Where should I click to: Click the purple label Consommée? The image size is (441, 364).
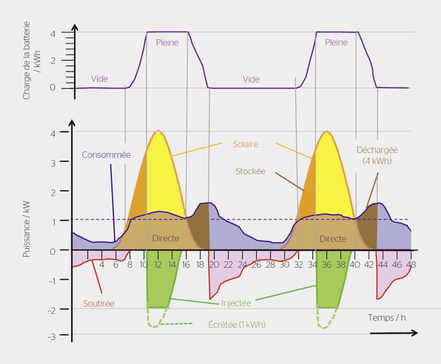[106, 155]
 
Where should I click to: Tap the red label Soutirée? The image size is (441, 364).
[99, 304]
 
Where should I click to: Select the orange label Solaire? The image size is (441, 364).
[246, 144]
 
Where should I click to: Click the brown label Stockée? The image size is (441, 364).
[250, 171]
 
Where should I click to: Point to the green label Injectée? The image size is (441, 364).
[236, 303]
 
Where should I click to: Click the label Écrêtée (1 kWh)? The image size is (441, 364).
[237, 325]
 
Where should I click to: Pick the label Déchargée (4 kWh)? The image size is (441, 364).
[377, 156]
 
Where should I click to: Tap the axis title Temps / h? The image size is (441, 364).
[387, 318]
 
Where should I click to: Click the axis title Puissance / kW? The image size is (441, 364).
[26, 229]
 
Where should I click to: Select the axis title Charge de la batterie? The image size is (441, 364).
[26, 60]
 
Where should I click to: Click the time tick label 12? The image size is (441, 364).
[158, 265]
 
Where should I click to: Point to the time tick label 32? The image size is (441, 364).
[298, 265]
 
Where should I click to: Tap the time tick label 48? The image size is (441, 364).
[411, 265]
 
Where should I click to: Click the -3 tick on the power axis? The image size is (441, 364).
[51, 337]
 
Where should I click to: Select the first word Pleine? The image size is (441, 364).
[167, 43]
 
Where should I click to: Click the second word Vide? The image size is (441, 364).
[251, 79]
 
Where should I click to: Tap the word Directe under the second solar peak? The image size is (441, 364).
[333, 239]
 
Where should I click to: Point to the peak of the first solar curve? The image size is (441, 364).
[158, 131]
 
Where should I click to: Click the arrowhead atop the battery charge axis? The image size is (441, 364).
[75, 27]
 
